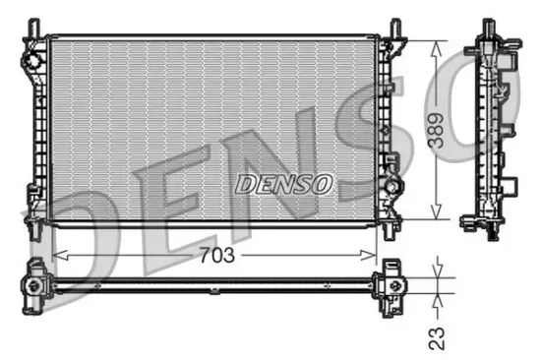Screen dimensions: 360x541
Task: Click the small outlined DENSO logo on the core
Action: (284, 183)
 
